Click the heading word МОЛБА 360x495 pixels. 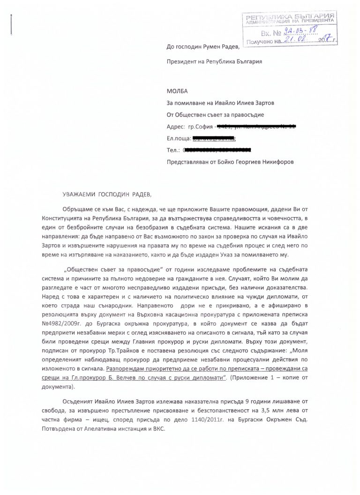pos(177,90)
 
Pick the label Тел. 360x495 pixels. pos(172,150)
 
